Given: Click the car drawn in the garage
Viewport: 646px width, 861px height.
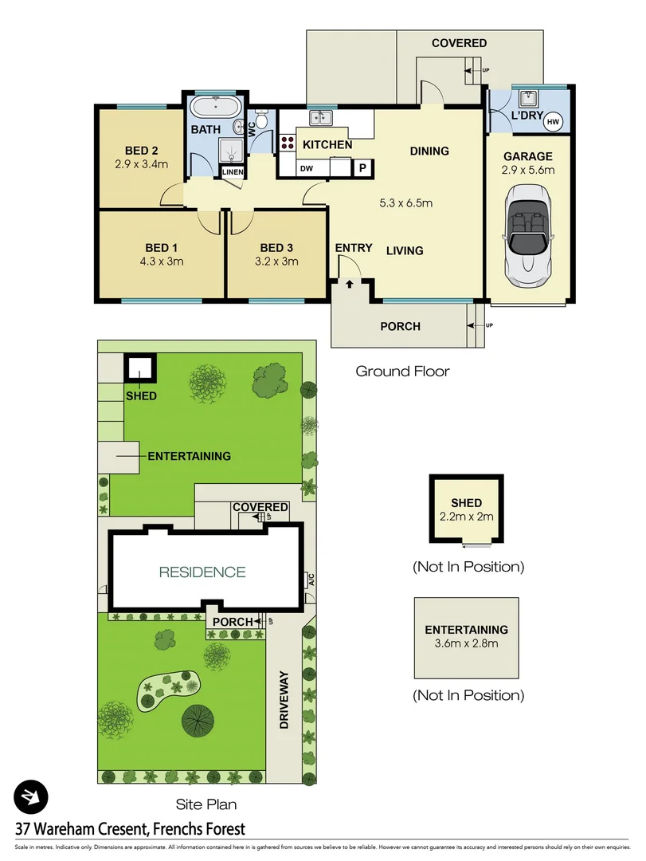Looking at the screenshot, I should coord(527,234).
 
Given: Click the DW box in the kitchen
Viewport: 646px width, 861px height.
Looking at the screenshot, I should coord(307,168).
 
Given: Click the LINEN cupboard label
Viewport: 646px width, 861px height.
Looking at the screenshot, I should coord(233,172).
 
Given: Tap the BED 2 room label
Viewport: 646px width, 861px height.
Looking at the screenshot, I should coord(142,151).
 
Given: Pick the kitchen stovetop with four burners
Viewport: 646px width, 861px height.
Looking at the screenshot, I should coord(288,143).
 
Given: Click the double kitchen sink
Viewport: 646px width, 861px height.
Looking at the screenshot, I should coord(322,118).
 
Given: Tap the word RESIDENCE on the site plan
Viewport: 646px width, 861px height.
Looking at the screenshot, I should coord(202,572).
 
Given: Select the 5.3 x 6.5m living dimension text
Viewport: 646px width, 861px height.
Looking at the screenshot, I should coord(406,202).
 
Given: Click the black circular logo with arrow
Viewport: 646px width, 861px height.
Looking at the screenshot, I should coord(31,796).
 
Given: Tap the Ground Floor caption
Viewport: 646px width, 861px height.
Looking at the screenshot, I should coord(402,371).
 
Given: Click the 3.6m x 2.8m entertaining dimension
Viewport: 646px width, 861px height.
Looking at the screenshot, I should coord(466,644).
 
